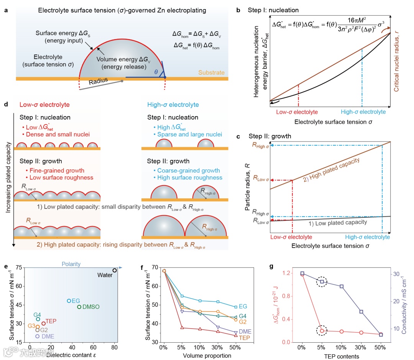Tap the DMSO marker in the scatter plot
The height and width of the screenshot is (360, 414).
pos(79,307)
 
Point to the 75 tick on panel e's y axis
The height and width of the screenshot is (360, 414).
pos(17,268)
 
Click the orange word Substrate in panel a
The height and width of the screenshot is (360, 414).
pos(210,72)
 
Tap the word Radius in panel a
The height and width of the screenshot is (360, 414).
pos(97,82)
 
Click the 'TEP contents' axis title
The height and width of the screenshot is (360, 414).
pos(342,356)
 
